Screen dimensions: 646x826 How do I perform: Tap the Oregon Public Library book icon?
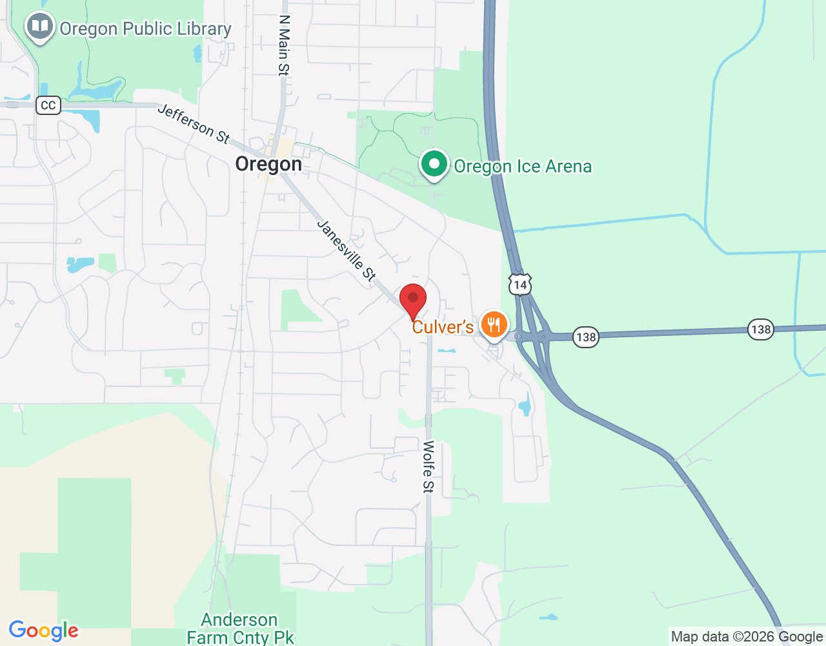(x=39, y=26)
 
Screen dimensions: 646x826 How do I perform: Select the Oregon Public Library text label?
(x=145, y=29)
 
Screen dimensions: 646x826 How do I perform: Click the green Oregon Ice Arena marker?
(x=434, y=164)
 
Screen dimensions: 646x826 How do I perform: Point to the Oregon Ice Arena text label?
(x=523, y=167)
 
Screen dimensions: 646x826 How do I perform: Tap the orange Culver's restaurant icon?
(x=494, y=324)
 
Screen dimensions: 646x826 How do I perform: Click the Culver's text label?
(x=443, y=327)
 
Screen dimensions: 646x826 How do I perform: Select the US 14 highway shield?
(x=520, y=284)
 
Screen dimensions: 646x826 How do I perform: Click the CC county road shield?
(x=48, y=105)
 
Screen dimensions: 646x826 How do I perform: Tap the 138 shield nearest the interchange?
(x=586, y=337)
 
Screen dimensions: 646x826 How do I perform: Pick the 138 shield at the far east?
(x=761, y=329)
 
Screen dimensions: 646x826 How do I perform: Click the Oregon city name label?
(x=268, y=164)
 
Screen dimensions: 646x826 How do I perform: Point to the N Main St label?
(x=284, y=46)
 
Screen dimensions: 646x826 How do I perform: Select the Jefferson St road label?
(x=194, y=124)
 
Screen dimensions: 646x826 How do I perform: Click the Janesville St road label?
(x=347, y=250)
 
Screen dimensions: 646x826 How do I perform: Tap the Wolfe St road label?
(x=428, y=466)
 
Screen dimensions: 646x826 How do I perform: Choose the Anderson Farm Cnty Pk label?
(x=240, y=629)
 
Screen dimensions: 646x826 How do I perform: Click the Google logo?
(x=44, y=630)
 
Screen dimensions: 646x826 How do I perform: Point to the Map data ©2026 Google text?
(x=747, y=636)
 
